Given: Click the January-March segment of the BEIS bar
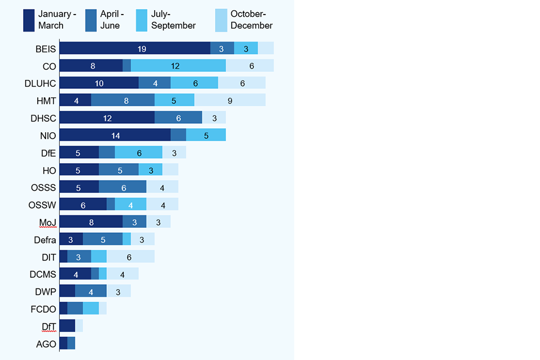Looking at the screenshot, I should point(135,48).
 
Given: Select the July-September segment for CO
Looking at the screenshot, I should point(178,66).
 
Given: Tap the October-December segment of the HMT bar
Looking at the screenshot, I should point(229,100).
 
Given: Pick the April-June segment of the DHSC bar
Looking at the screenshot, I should point(178,118).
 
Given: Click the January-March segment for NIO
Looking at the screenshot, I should point(115,135).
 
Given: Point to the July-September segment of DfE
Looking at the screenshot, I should point(138,152).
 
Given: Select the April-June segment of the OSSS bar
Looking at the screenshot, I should point(123,187).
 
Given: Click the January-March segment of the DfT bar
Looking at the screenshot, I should point(67,326).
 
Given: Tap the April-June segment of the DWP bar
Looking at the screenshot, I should point(91,291).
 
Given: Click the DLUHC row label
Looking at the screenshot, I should point(40,83).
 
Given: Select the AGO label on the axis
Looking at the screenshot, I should point(46,344).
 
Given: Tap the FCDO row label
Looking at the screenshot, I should point(43,309).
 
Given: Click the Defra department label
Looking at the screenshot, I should point(44,240).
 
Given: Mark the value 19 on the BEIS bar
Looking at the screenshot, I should point(142,49).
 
